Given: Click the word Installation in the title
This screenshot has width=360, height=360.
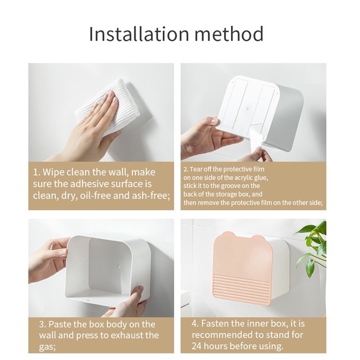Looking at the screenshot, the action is pyautogui.click(x=139, y=34).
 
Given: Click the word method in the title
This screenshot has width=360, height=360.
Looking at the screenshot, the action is pyautogui.click(x=229, y=34).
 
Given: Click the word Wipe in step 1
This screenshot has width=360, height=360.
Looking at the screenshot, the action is pyautogui.click(x=53, y=172).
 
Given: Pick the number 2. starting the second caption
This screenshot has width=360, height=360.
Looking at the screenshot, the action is pyautogui.click(x=186, y=169).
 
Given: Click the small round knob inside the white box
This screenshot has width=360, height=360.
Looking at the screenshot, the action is pyautogui.click(x=118, y=267).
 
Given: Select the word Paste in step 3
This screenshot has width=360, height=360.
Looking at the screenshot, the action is pyautogui.click(x=59, y=324).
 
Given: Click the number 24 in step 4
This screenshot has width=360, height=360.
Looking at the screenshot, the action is pyautogui.click(x=197, y=346).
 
